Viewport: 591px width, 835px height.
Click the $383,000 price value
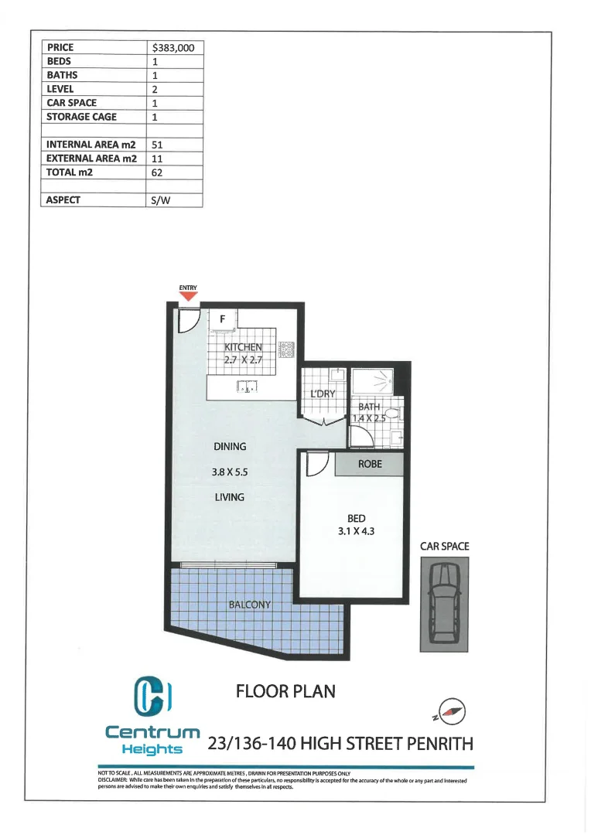tap(173, 47)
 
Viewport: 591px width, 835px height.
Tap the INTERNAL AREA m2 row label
tap(91, 145)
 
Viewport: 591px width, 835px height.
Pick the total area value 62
tap(157, 172)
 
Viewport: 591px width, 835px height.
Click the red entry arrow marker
tap(189, 296)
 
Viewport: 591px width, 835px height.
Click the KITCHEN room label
tap(243, 348)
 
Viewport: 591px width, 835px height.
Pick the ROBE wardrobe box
tap(369, 465)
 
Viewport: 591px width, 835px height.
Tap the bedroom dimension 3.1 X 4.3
tap(356, 531)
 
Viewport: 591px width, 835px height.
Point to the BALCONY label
tap(249, 605)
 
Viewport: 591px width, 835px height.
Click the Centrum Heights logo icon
tap(152, 696)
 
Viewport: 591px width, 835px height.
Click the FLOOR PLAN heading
tap(285, 690)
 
